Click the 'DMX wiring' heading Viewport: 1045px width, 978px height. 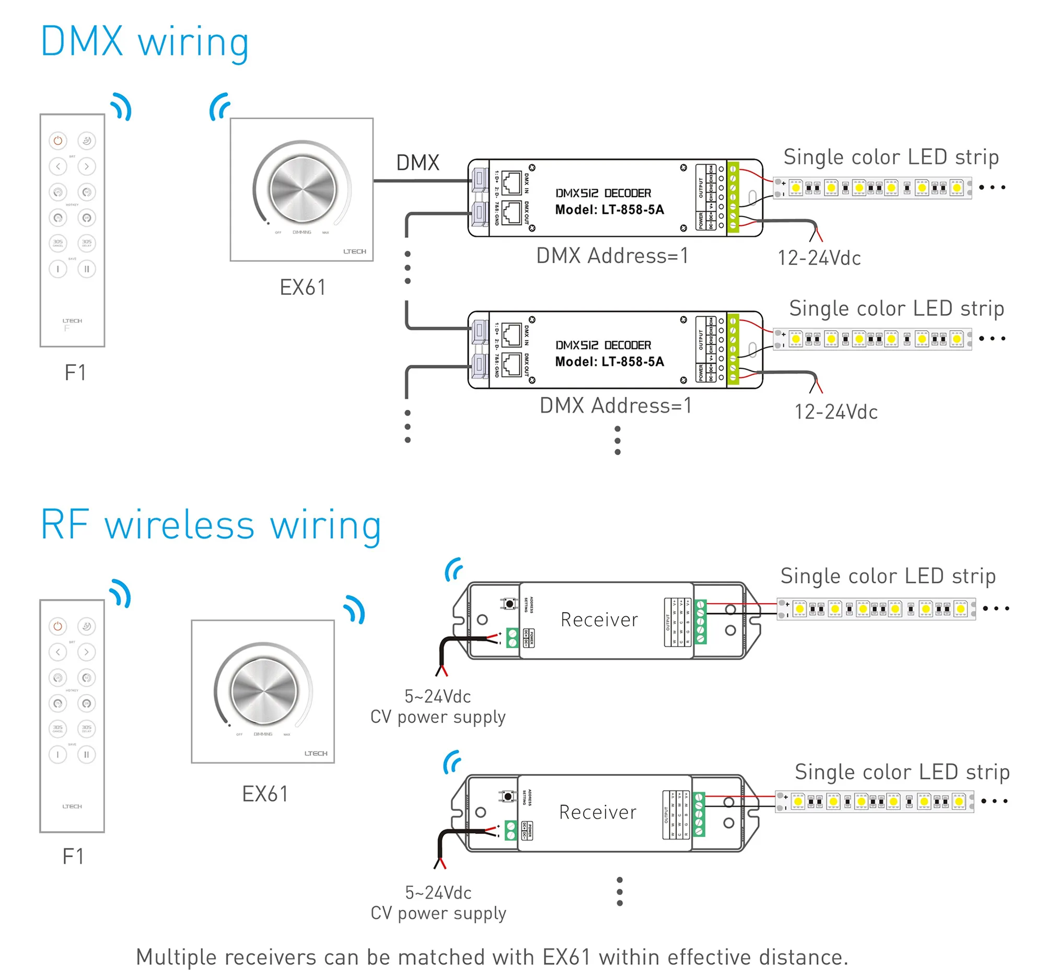tap(145, 42)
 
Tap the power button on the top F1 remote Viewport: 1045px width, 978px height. tap(58, 141)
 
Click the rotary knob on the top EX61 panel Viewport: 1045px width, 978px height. tap(302, 189)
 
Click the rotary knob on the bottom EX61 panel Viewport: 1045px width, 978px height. tap(263, 691)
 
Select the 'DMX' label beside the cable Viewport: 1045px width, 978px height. tap(417, 163)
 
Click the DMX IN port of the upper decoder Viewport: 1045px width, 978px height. tap(511, 182)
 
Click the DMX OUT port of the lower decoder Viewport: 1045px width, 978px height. tap(511, 364)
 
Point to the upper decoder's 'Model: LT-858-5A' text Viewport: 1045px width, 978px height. tap(610, 210)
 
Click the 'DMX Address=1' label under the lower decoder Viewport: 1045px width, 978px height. tap(616, 406)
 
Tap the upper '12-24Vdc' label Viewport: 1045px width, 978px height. tap(819, 258)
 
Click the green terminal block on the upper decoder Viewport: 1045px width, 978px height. tap(733, 197)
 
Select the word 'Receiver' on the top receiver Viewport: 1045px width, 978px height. tap(599, 619)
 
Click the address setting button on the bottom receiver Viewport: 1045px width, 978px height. tap(507, 797)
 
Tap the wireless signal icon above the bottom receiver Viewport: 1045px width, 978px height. tap(452, 762)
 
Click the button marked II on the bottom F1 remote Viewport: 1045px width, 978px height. tap(87, 754)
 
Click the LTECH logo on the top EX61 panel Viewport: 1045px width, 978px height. tap(355, 251)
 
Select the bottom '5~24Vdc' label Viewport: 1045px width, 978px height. tap(438, 892)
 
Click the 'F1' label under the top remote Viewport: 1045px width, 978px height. tap(75, 372)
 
